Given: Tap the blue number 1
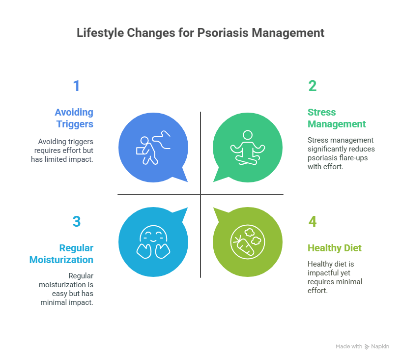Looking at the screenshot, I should click(x=76, y=86).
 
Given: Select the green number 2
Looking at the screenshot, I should click(x=313, y=86).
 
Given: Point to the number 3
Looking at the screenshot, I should click(x=76, y=222).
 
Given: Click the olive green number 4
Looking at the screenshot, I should click(x=313, y=222).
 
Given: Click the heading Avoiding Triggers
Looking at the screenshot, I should click(x=74, y=118).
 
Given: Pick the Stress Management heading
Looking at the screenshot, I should click(x=337, y=118).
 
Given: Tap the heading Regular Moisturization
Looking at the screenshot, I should click(x=61, y=254).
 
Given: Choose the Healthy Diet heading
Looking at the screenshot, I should click(x=334, y=248).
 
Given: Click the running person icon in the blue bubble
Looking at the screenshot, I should click(x=153, y=147).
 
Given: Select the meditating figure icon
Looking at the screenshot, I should click(x=247, y=147).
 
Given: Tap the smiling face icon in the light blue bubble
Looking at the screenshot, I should click(x=153, y=241).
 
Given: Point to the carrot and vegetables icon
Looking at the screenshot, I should click(x=247, y=241).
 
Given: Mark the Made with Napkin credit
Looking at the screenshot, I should click(x=362, y=347).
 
